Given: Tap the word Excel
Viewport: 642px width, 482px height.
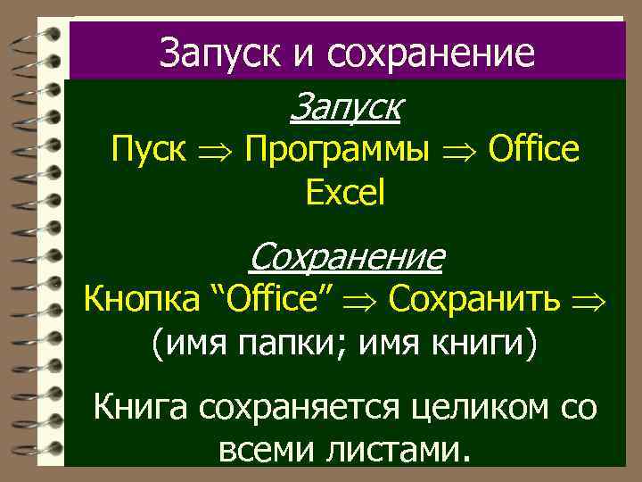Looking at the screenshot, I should click(x=346, y=192).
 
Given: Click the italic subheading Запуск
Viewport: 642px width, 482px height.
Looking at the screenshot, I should click(x=346, y=110).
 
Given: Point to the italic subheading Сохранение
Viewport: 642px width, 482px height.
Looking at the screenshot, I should click(x=346, y=258).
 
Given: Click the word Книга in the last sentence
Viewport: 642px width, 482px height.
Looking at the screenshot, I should click(x=142, y=410).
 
